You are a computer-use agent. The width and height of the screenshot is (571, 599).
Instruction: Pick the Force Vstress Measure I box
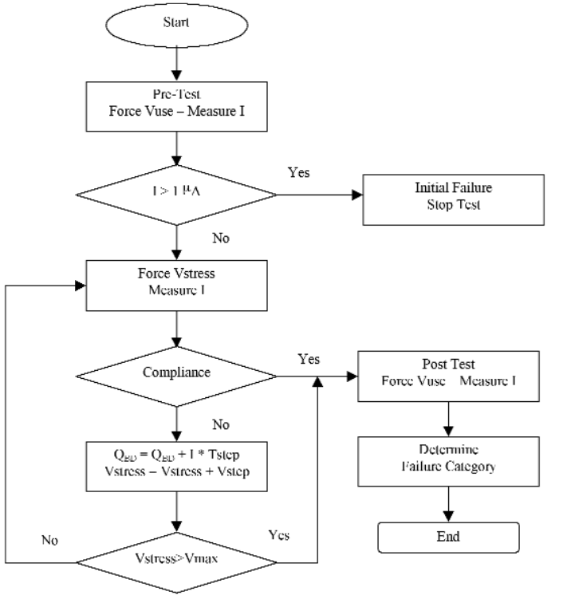point(177,284)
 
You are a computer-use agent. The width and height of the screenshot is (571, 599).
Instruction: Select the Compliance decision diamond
point(176,372)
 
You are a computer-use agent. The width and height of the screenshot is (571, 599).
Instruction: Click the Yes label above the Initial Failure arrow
point(299,171)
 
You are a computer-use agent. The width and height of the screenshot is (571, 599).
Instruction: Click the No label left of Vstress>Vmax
point(52,540)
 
